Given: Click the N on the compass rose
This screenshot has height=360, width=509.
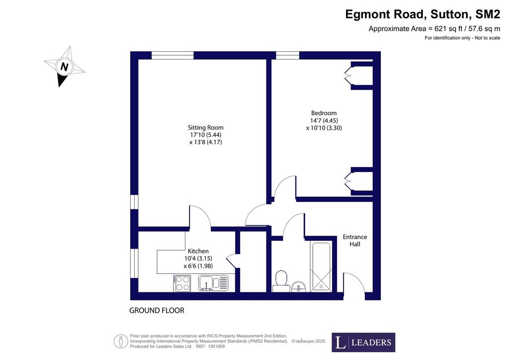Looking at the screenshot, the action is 64,67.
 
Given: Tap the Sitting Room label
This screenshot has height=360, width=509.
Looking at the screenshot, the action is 205,128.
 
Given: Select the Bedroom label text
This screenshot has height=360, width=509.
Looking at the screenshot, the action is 324,113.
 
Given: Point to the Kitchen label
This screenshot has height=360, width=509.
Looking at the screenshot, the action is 198,251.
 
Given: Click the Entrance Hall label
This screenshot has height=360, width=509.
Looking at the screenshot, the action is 355,241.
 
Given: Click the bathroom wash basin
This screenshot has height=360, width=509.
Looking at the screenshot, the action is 299,287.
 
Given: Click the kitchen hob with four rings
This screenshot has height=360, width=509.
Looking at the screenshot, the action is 182,283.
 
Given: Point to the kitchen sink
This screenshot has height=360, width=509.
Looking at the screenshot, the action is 213,283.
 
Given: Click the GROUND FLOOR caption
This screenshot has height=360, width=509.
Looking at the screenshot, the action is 157,311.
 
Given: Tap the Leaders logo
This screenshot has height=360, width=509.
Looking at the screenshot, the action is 363,343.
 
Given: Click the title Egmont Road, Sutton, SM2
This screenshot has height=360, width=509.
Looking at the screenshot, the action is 423,14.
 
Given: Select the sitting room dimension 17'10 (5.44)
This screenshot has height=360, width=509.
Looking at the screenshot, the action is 205,135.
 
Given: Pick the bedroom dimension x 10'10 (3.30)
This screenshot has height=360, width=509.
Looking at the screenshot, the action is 324,128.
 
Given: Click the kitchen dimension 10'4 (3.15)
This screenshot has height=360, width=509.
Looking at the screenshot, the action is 198,259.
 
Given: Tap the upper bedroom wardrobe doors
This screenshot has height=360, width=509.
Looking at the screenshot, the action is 347,75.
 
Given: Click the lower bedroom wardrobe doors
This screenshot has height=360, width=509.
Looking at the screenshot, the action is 347,181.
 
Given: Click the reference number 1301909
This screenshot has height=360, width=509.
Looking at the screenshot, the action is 216,347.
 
